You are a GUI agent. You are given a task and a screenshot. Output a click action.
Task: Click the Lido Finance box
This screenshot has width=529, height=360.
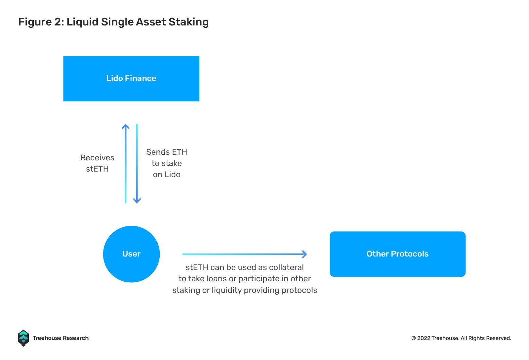pyautogui.click(x=131, y=79)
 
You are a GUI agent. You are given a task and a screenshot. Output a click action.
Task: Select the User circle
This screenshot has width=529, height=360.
pyautogui.click(x=132, y=254)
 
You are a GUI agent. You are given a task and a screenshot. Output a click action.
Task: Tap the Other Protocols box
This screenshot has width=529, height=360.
pyautogui.click(x=397, y=254)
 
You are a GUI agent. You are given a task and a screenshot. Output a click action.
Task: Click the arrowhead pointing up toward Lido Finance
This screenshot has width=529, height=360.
pyautogui.click(x=126, y=127)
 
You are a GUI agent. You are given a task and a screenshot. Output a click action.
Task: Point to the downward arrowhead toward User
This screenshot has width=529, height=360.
pyautogui.click(x=137, y=200)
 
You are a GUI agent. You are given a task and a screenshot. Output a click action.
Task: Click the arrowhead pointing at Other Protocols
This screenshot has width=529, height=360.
pyautogui.click(x=305, y=254)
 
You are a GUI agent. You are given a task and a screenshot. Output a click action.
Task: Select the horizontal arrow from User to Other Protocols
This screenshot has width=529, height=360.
pyautogui.click(x=245, y=254)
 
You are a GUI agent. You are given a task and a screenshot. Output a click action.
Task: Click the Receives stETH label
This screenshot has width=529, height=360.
pyautogui.click(x=97, y=163)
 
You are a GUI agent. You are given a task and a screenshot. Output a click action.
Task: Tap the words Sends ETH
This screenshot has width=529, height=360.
pyautogui.click(x=167, y=152)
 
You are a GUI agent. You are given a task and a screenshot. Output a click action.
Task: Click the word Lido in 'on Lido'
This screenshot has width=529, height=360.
pyautogui.click(x=172, y=175)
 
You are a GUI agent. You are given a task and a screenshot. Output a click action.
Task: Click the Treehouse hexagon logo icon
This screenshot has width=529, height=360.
pyautogui.click(x=23, y=338)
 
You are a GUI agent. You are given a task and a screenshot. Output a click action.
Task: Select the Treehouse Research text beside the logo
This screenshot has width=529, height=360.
pyautogui.click(x=61, y=338)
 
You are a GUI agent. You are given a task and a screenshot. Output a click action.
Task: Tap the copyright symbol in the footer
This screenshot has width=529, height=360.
pyautogui.click(x=413, y=338)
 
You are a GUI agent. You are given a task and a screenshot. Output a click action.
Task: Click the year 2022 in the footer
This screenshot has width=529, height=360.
pyautogui.click(x=424, y=338)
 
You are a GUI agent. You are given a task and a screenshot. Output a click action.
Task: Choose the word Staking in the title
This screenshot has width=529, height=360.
pyautogui.click(x=189, y=22)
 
